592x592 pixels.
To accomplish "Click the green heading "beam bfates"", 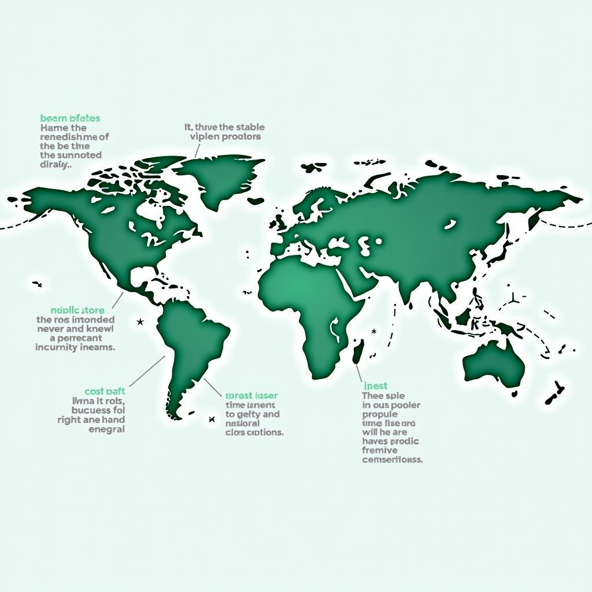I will [x=70, y=119].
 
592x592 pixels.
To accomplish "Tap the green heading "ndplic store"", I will [x=77, y=310].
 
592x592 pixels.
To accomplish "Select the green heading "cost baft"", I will [x=105, y=391].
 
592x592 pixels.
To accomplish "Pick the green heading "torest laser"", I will [x=251, y=395].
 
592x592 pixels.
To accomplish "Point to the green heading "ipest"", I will [x=376, y=386].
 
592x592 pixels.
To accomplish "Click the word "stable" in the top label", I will [x=250, y=127].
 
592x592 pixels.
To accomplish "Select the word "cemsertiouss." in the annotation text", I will [x=393, y=460].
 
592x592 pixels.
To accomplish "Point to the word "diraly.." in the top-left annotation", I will [x=56, y=164].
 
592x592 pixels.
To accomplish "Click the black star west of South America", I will [x=140, y=321].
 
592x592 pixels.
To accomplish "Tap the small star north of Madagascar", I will [x=374, y=331].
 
